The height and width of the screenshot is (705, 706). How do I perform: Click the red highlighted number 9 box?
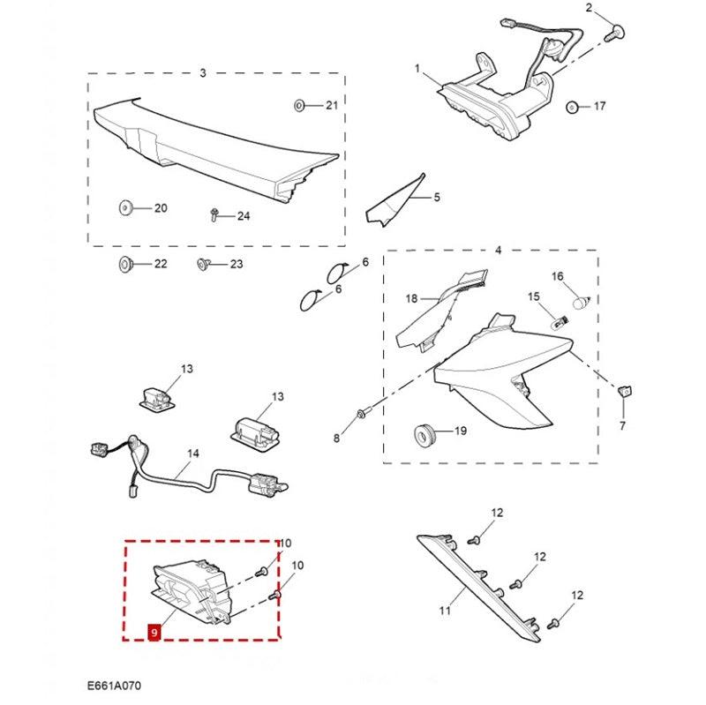pos(154,632)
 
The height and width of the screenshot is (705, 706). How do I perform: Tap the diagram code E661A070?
pos(114,686)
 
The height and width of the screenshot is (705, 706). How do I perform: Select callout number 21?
pos(332,105)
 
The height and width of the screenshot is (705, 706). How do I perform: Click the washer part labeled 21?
pos(299,106)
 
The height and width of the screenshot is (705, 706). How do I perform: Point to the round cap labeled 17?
pos(572,108)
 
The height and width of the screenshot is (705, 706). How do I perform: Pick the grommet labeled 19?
pos(424,435)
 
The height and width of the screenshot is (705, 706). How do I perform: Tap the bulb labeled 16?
pos(582,301)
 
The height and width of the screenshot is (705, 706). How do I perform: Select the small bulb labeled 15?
pos(561,323)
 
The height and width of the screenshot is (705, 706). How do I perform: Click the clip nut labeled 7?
pos(625,391)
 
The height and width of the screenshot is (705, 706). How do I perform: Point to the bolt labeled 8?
pos(363,413)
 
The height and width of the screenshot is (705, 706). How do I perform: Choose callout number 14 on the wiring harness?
pos(193,454)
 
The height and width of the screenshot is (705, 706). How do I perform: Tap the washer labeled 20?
pos(125,208)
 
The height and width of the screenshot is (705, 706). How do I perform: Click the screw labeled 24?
pos(214,215)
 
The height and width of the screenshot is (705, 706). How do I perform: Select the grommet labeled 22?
pos(124,264)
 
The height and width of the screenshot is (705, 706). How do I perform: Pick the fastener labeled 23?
pos(203,264)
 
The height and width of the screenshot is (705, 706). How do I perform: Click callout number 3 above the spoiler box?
pos(203,72)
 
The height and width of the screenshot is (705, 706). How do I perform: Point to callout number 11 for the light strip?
pos(445,611)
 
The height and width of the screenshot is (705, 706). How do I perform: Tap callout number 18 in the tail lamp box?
pos(411,298)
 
